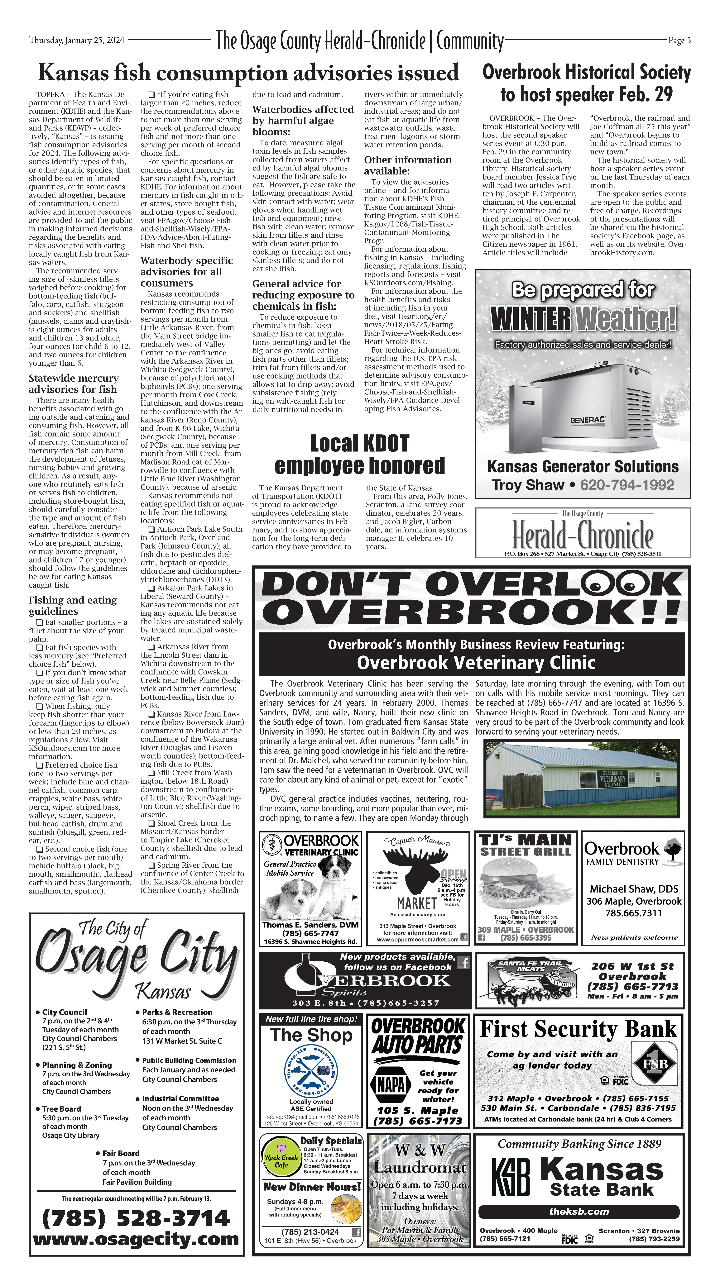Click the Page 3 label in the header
coord(679,40)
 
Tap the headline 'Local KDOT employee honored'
coord(359,454)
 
